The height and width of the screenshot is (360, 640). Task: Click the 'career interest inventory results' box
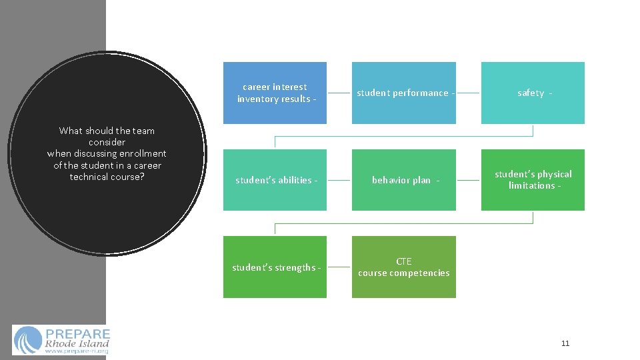(x=275, y=93)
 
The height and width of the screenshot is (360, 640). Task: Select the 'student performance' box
(x=404, y=93)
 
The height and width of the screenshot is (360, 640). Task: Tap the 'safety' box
(x=533, y=93)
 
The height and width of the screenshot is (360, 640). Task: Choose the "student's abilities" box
(x=275, y=180)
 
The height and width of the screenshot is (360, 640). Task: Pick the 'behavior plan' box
(x=404, y=180)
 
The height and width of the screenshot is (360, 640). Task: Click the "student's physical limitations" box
(x=533, y=180)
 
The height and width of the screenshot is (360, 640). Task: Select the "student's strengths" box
(x=275, y=267)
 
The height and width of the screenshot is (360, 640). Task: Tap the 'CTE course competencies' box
(x=404, y=267)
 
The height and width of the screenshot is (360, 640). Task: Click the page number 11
(x=565, y=343)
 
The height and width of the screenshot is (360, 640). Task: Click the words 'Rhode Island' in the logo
(x=77, y=343)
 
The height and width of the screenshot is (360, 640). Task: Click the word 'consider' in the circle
(x=107, y=142)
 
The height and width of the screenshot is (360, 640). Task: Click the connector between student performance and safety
(x=469, y=93)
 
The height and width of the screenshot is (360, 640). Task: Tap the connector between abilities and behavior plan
(x=339, y=180)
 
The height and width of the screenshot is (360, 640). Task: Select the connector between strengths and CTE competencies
(x=339, y=267)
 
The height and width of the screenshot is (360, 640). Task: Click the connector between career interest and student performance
(x=339, y=93)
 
